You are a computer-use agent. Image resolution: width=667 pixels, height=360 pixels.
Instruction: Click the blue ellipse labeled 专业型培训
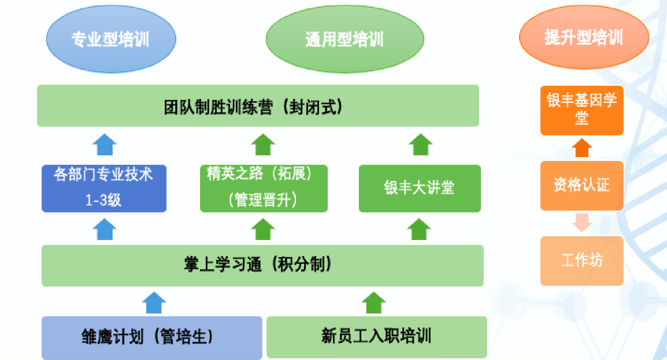(x=111, y=39)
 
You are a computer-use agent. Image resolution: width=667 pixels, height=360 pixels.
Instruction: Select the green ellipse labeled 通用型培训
(x=345, y=39)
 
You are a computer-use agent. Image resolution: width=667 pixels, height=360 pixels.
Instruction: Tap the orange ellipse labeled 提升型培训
(x=584, y=37)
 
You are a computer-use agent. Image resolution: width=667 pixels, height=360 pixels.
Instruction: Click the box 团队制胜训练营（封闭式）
(x=258, y=106)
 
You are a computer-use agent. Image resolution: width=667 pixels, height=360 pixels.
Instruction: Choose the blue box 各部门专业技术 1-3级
(x=104, y=188)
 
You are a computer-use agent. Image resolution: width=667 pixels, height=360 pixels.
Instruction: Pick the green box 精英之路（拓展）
(x=264, y=188)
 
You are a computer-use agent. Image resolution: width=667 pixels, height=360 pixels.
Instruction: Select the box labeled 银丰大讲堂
(x=420, y=188)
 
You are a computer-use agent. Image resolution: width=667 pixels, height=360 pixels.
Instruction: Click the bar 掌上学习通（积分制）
(x=262, y=265)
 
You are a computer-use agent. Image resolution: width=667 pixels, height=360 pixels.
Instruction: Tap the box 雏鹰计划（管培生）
(x=151, y=337)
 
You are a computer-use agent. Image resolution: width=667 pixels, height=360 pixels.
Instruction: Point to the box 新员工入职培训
(x=376, y=337)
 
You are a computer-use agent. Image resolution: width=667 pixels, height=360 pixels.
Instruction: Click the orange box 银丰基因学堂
(x=582, y=110)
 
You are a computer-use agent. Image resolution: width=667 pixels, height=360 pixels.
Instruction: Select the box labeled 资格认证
(x=582, y=185)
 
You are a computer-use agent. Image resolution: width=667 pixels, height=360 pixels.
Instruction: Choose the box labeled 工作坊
(x=582, y=261)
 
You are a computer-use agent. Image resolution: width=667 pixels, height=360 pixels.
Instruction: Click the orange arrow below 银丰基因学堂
(x=582, y=148)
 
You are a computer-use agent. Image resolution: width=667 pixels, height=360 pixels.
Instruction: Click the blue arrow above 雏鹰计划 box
(x=154, y=303)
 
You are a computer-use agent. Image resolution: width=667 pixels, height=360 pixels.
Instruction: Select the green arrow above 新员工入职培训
(x=374, y=303)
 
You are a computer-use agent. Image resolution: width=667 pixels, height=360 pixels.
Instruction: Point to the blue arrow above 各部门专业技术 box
(x=104, y=144)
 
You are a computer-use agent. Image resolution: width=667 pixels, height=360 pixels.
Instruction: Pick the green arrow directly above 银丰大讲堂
(x=420, y=144)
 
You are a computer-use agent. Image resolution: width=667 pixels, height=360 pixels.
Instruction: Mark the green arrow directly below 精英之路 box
(x=263, y=230)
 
